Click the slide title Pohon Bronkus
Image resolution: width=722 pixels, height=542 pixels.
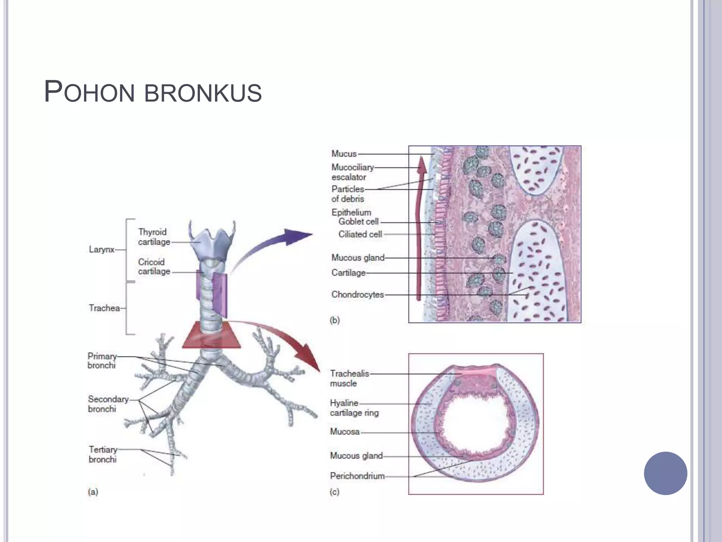pos(153,92)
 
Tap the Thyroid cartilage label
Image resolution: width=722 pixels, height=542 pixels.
pos(154,237)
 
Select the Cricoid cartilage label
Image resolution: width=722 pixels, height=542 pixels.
pos(154,266)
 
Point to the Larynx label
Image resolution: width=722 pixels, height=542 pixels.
pos(102,249)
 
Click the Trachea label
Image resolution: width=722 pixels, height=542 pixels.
pos(104,308)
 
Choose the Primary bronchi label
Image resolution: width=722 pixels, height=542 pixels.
pos(102,361)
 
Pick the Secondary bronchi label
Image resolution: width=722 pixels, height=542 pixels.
pos(108,404)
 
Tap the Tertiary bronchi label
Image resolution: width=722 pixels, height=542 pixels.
pos(103,454)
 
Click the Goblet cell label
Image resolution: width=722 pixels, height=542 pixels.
pos(359,222)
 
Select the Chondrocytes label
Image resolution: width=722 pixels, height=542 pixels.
pos(357,295)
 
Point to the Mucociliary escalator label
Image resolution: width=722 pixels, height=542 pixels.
pos(353,172)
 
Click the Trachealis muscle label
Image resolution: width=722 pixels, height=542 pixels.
pos(349,378)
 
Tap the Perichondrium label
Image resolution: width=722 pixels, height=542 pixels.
pos(357,476)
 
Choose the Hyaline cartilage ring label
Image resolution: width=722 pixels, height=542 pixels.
pos(354,408)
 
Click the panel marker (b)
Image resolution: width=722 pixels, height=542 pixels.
pos(335,320)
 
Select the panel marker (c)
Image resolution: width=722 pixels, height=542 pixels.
pos(335,492)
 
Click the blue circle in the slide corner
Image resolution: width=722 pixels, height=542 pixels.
pos(666,473)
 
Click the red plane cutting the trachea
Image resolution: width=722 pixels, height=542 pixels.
pos(211,335)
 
